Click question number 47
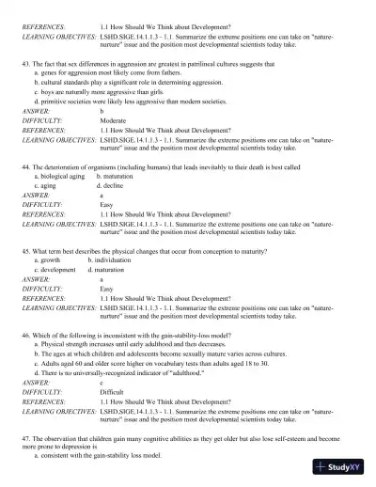[x=25, y=439]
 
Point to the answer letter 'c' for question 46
[x=102, y=384]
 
